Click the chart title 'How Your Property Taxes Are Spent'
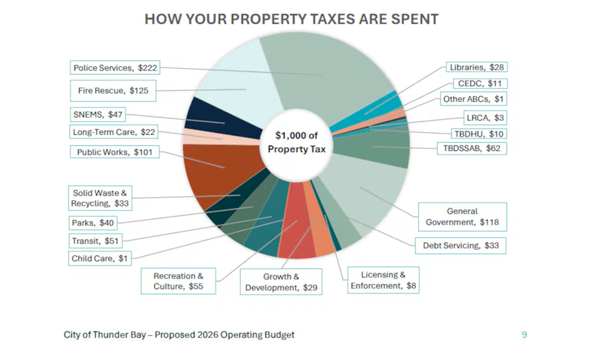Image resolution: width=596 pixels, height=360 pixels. pos(291,19)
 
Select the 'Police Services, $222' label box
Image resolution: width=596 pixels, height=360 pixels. pos(115,68)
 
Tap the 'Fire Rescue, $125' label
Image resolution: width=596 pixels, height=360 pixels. pos(113,91)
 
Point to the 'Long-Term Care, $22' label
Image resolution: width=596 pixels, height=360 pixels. pos(113,132)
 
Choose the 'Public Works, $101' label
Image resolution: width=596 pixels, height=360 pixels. pos(115,152)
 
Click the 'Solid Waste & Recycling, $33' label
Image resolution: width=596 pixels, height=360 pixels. pos(99,198)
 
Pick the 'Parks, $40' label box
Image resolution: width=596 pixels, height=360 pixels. pos(92,223)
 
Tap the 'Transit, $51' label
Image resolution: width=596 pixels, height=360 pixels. pos(95,241)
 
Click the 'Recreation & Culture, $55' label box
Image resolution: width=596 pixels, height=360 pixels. pos(178,281)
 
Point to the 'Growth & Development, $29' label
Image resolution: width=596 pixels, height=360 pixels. pos(281,282)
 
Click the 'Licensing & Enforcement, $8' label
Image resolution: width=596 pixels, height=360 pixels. pos(383,280)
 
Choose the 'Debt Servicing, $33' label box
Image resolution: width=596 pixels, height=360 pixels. pos(461,245)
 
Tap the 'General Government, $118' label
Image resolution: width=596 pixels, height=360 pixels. pos(462,217)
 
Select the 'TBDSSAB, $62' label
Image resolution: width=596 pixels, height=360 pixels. pos(472,148)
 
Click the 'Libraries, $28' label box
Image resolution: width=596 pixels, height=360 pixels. pos(477,68)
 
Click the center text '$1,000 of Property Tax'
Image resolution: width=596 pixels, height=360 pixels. pos(297,143)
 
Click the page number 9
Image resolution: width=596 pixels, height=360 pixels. pos(524,334)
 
